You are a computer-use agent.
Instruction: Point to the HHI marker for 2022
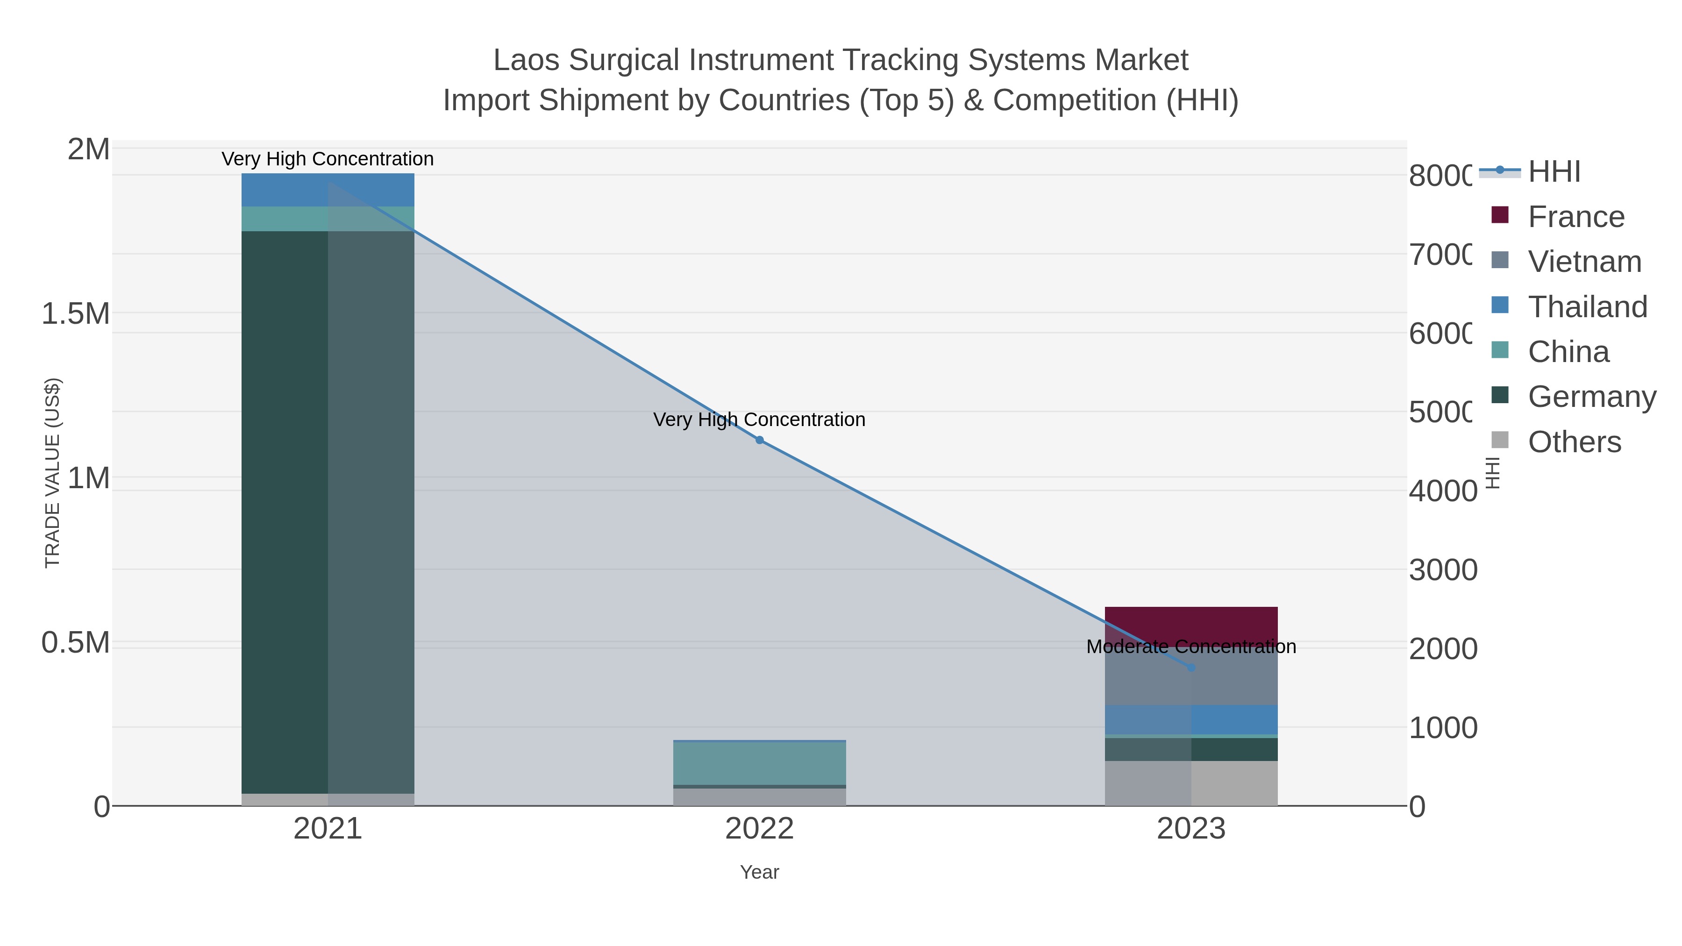pos(759,440)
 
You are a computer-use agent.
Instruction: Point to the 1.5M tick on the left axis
pos(75,314)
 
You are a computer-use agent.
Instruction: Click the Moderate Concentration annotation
pos(1191,647)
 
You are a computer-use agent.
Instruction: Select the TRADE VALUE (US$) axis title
pos(52,473)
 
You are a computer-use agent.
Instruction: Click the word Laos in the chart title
pos(526,60)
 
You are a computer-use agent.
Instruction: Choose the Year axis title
pos(759,872)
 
